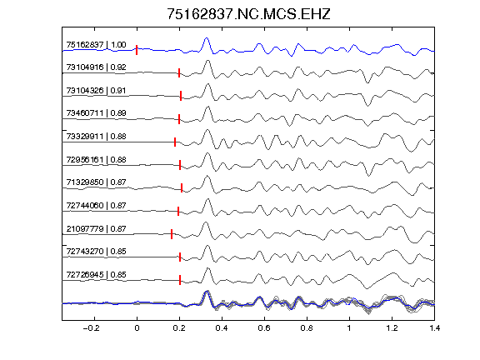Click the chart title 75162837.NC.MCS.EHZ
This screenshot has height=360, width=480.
[248, 14]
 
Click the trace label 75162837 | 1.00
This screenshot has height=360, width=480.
[96, 45]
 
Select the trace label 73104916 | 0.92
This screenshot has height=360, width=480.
[96, 67]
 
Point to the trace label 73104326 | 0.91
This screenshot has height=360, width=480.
[96, 91]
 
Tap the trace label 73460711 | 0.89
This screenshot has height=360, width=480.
[96, 113]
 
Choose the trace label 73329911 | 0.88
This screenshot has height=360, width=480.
[96, 136]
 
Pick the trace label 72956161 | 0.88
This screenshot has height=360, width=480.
[96, 160]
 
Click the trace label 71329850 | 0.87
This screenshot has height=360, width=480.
[96, 182]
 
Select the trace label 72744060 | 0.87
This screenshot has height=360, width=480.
[96, 205]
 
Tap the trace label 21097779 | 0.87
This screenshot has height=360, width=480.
[96, 229]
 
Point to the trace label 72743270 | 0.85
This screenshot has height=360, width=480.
[96, 252]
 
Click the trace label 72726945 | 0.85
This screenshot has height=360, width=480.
[96, 275]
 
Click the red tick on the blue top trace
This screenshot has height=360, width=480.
[137, 50]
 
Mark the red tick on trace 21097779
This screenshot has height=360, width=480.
[172, 234]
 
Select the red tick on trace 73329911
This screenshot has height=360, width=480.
[175, 142]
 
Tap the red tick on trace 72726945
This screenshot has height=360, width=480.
[180, 280]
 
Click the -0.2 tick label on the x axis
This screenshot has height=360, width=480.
[91, 328]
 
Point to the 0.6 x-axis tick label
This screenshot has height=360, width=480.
[264, 328]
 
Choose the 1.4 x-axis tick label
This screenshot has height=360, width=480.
[434, 328]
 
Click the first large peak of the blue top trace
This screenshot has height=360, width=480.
[207, 38]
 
